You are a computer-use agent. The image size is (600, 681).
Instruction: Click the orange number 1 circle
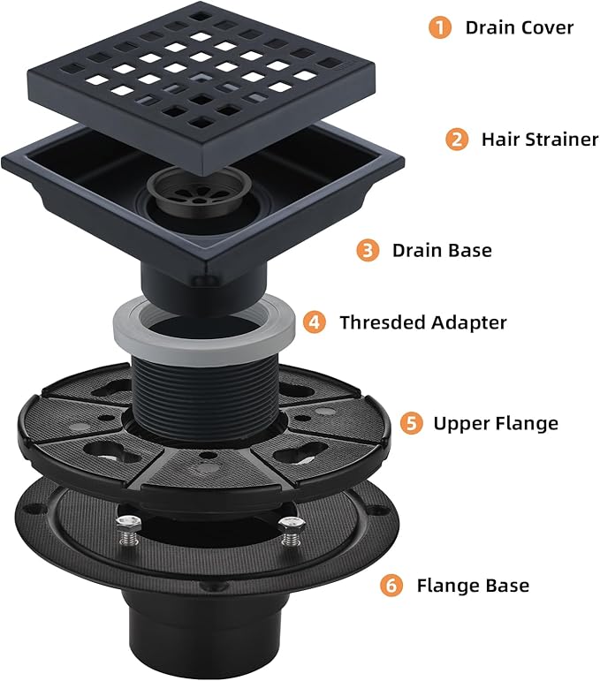click(x=440, y=27)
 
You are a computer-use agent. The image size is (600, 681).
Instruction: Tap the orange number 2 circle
click(x=457, y=140)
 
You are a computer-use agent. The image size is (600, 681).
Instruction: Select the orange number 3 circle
click(x=368, y=251)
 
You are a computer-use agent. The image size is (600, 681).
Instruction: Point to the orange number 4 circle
click(x=315, y=322)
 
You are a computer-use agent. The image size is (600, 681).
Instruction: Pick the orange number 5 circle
click(x=409, y=423)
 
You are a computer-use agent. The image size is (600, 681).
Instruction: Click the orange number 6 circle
click(x=392, y=585)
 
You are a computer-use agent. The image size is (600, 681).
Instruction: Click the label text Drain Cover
click(x=520, y=27)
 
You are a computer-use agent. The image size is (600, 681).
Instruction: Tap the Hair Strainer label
click(x=540, y=140)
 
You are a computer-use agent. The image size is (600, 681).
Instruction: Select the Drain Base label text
click(x=442, y=251)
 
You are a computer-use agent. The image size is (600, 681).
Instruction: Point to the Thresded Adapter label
click(x=423, y=322)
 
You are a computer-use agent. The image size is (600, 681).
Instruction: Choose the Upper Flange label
click(x=496, y=423)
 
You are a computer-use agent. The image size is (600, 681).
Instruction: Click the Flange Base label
click(x=473, y=585)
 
